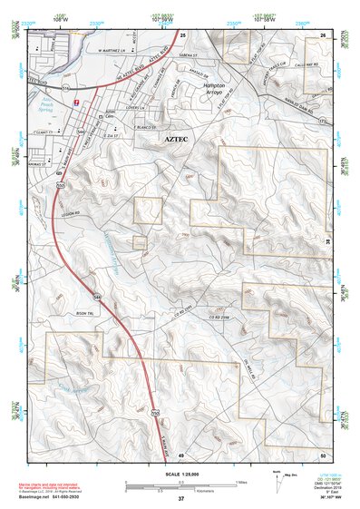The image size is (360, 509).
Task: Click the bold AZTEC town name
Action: [180, 142]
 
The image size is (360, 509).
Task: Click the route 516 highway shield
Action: [65, 88]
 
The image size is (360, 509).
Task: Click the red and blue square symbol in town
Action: [76, 103]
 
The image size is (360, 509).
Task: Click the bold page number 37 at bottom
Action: [181, 498]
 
